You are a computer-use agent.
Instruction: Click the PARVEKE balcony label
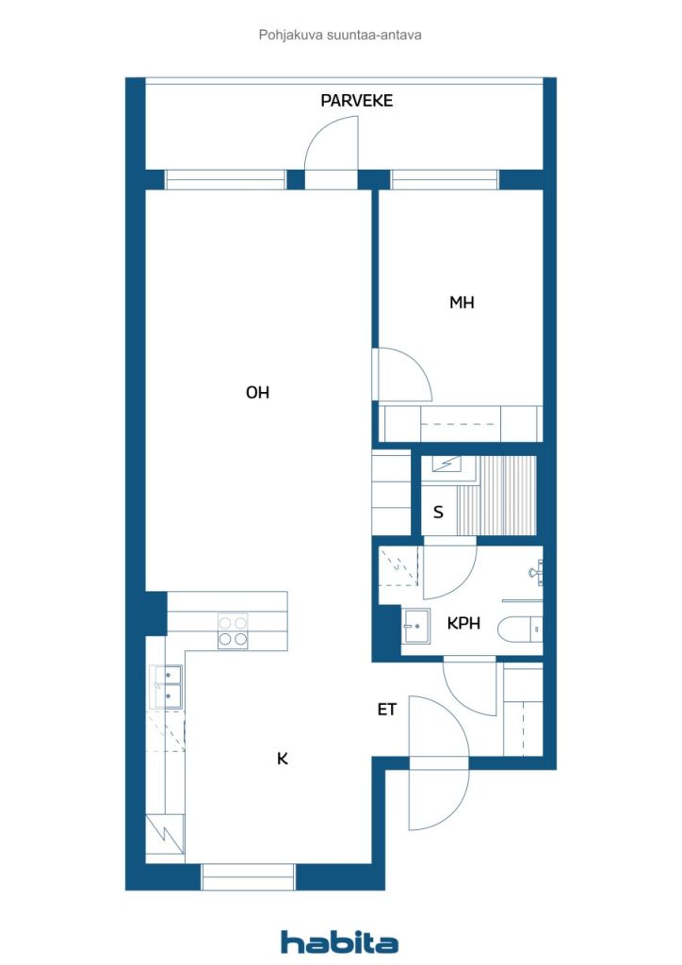[357, 100]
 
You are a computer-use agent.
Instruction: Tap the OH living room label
[258, 392]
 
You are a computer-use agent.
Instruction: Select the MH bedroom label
[462, 303]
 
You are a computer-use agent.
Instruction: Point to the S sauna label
[438, 512]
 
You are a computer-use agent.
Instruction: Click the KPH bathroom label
[463, 624]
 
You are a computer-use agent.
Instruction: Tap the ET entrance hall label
[387, 710]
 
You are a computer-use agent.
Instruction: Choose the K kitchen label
[283, 759]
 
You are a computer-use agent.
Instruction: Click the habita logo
[339, 942]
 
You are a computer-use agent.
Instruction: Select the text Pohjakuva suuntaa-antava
[340, 35]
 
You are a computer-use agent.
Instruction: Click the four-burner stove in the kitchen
[233, 630]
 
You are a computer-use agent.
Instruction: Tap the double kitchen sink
[167, 686]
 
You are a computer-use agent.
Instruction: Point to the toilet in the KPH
[520, 630]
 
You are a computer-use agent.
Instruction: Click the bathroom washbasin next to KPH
[416, 626]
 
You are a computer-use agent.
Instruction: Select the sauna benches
[496, 496]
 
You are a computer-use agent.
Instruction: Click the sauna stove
[447, 464]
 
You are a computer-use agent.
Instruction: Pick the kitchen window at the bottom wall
[249, 877]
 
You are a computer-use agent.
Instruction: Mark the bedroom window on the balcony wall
[444, 180]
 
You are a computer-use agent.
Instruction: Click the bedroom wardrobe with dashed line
[460, 423]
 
